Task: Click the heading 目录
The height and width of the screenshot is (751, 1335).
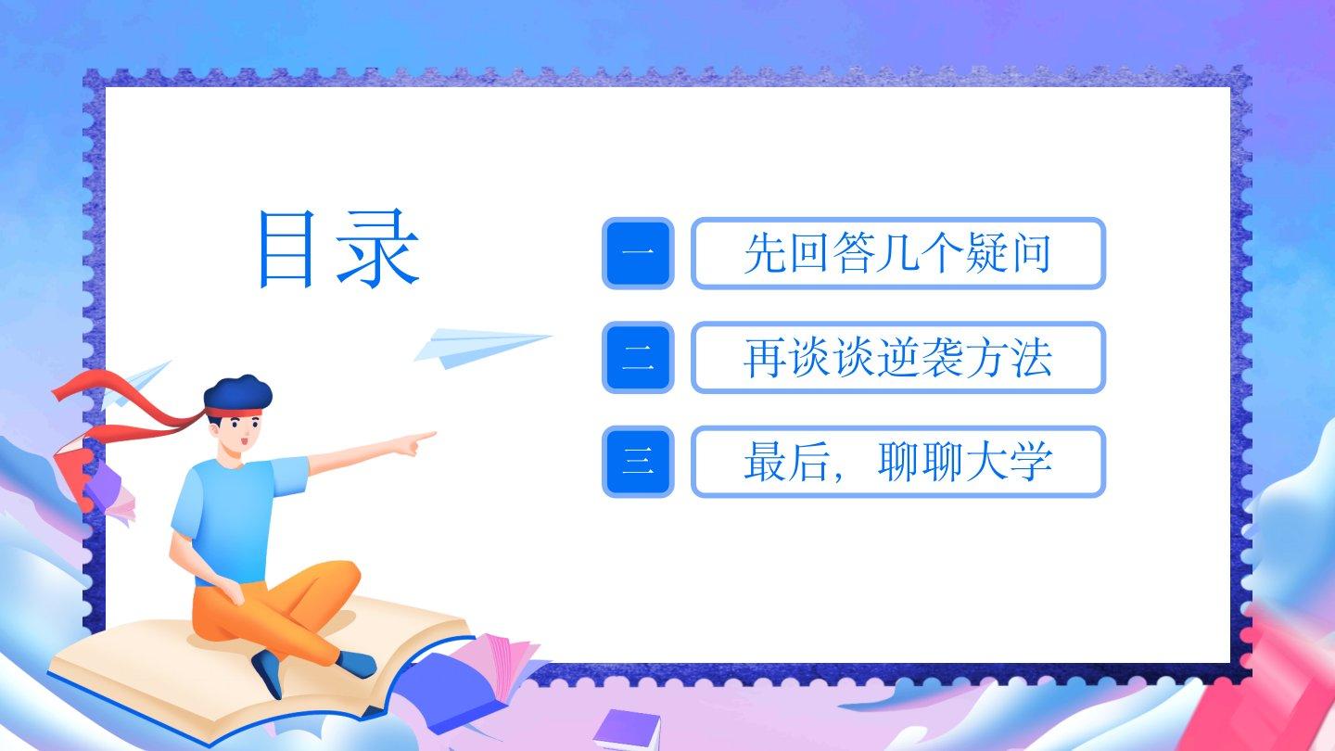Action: (x=338, y=249)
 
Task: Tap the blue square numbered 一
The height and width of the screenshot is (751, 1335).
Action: (x=638, y=253)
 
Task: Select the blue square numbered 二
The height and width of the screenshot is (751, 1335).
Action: (x=638, y=358)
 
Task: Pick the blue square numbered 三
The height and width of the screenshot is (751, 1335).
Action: (x=638, y=462)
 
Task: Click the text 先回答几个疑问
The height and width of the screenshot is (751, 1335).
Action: (x=897, y=253)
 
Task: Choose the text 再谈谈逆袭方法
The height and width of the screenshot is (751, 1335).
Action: (x=897, y=358)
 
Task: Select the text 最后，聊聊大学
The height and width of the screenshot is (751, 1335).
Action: (x=897, y=462)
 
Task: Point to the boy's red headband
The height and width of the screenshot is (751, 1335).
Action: (x=234, y=413)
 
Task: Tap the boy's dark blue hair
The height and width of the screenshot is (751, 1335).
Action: (x=237, y=393)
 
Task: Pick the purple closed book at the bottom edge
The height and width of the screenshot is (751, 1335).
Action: (x=627, y=731)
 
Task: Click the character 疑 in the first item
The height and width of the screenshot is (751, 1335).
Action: (x=985, y=253)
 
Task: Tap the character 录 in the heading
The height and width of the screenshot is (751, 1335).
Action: (x=378, y=249)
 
